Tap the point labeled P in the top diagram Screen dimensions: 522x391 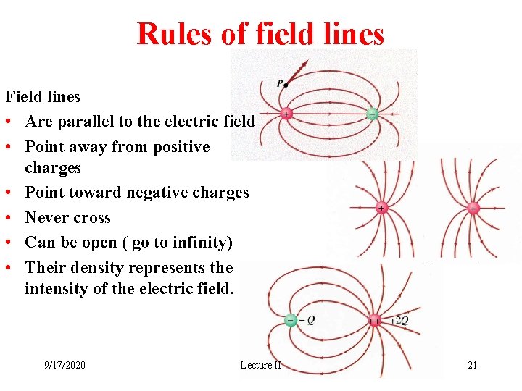coord(285,85)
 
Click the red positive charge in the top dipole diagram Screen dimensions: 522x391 coord(286,114)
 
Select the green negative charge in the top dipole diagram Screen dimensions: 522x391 coord(372,114)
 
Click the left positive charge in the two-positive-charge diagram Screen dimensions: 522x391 coord(381,209)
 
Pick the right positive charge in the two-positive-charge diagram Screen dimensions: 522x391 coord(473,209)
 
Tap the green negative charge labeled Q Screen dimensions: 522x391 coord(291,320)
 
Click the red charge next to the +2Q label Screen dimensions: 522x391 coord(374,320)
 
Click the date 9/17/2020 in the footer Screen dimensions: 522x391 coord(65,365)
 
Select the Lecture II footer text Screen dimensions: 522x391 coord(260,365)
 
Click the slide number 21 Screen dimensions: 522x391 coord(472,365)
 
